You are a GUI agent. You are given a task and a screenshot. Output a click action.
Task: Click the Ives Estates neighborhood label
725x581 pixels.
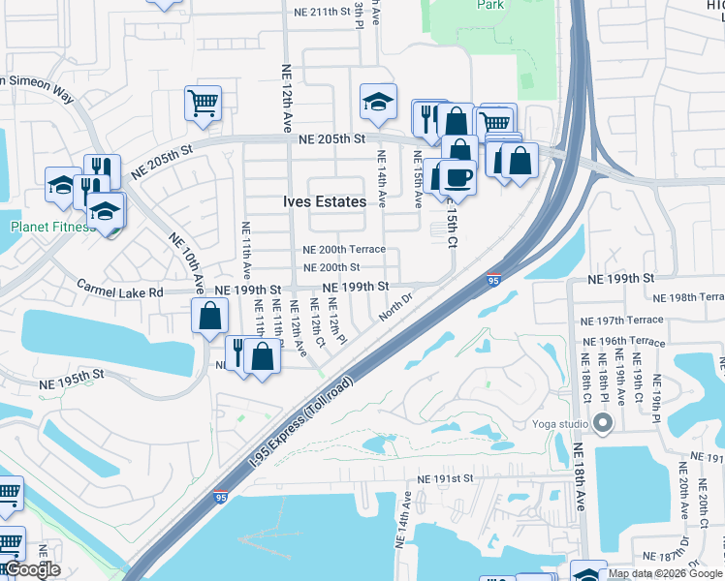[325, 201]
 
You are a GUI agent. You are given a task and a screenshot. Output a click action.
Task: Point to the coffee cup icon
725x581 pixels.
[457, 177]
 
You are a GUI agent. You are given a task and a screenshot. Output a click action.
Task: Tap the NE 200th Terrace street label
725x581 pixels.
[344, 250]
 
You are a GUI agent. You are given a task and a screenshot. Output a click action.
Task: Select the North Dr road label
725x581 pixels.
[395, 309]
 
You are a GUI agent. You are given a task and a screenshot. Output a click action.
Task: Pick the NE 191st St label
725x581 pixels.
[445, 478]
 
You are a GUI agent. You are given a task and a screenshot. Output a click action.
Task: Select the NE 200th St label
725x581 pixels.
[331, 267]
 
